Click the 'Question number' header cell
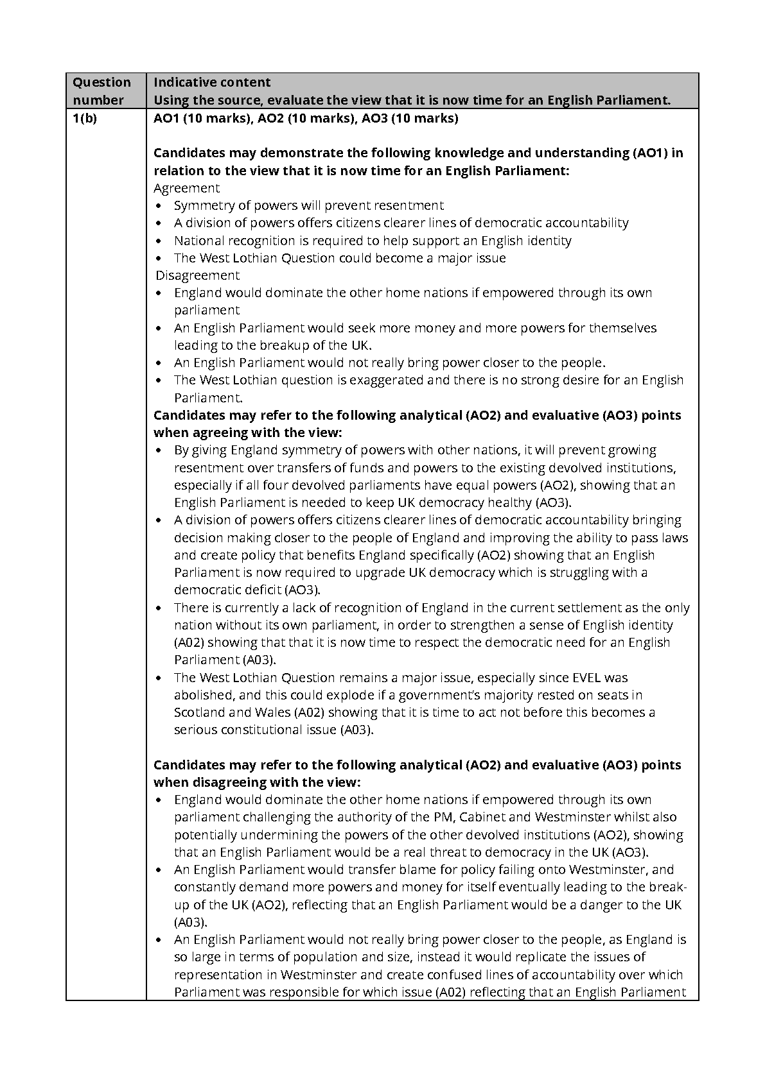click(101, 90)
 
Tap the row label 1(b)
click(84, 118)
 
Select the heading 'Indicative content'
click(212, 82)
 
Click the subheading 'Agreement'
click(186, 188)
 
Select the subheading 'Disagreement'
click(197, 275)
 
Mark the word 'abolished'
click(203, 695)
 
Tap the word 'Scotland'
click(200, 712)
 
